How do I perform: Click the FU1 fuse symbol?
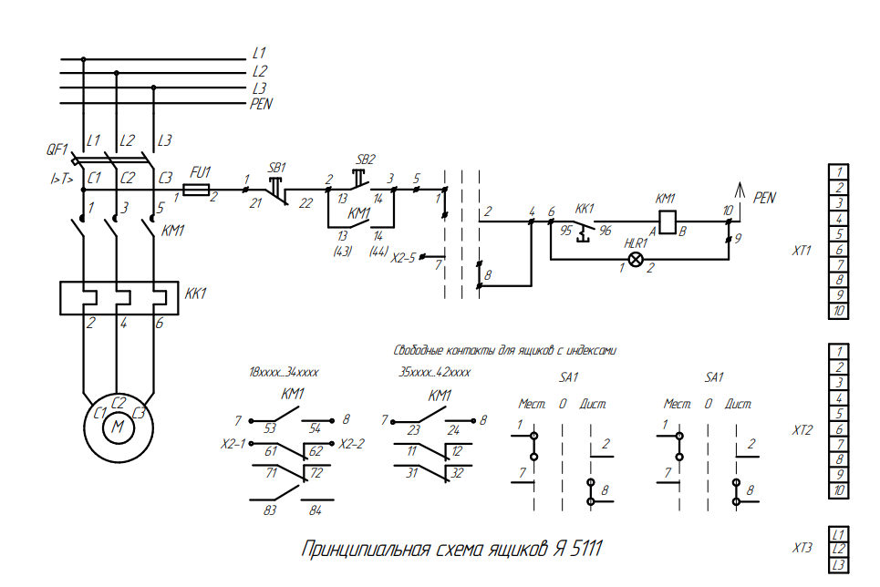point(198,191)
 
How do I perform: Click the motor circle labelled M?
point(117,425)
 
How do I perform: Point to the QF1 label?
point(57,149)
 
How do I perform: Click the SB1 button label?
point(277,168)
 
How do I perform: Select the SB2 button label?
point(367,158)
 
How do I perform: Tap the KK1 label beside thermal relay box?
point(196,294)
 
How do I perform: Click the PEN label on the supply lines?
point(261,105)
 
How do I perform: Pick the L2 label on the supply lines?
point(260,71)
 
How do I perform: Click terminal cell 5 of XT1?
point(839,233)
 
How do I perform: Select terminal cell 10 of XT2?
point(839,491)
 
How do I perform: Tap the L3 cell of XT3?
point(839,566)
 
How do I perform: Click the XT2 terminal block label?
point(802,429)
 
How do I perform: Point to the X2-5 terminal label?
point(403,257)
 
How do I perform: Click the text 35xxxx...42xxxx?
point(435,372)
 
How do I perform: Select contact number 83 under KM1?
point(270,510)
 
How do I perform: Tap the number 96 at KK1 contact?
point(605,231)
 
